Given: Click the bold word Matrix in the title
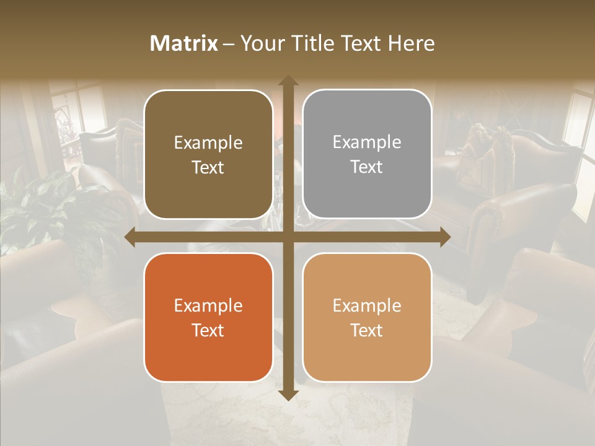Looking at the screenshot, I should (x=184, y=43).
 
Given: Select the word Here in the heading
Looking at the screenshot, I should (x=412, y=43).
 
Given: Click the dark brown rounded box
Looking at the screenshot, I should (x=208, y=154).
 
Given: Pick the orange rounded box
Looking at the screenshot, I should (x=208, y=317).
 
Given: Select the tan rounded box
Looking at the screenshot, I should (x=367, y=317).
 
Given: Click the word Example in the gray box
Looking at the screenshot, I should (x=367, y=142).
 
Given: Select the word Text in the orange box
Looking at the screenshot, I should (x=208, y=330).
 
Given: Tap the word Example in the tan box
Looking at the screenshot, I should (x=367, y=305).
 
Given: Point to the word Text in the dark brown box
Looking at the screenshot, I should (x=208, y=167).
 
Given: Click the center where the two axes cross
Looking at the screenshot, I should (x=288, y=237).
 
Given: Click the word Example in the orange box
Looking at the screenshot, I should (x=208, y=305).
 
